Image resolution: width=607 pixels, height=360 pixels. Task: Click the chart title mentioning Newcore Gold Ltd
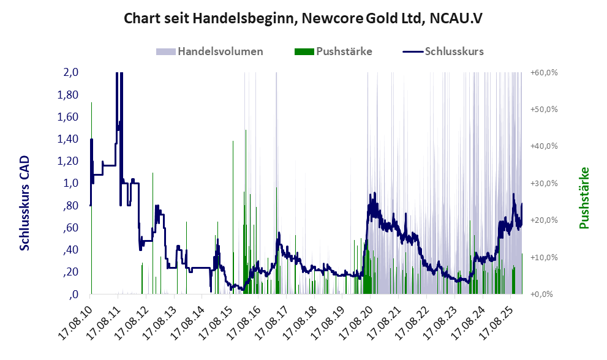pyautogui.click(x=303, y=18)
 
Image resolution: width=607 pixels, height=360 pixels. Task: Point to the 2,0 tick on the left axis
pyautogui.click(x=71, y=73)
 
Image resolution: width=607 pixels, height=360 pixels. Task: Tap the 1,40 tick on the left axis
pyautogui.click(x=68, y=139)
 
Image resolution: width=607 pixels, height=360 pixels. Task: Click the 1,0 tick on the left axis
pyautogui.click(x=71, y=183)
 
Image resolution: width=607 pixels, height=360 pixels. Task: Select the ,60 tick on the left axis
pyautogui.click(x=70, y=228)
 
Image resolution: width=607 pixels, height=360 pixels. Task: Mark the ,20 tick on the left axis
pyautogui.click(x=70, y=272)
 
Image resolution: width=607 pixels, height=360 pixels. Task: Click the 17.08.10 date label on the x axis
pyautogui.click(x=74, y=318)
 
